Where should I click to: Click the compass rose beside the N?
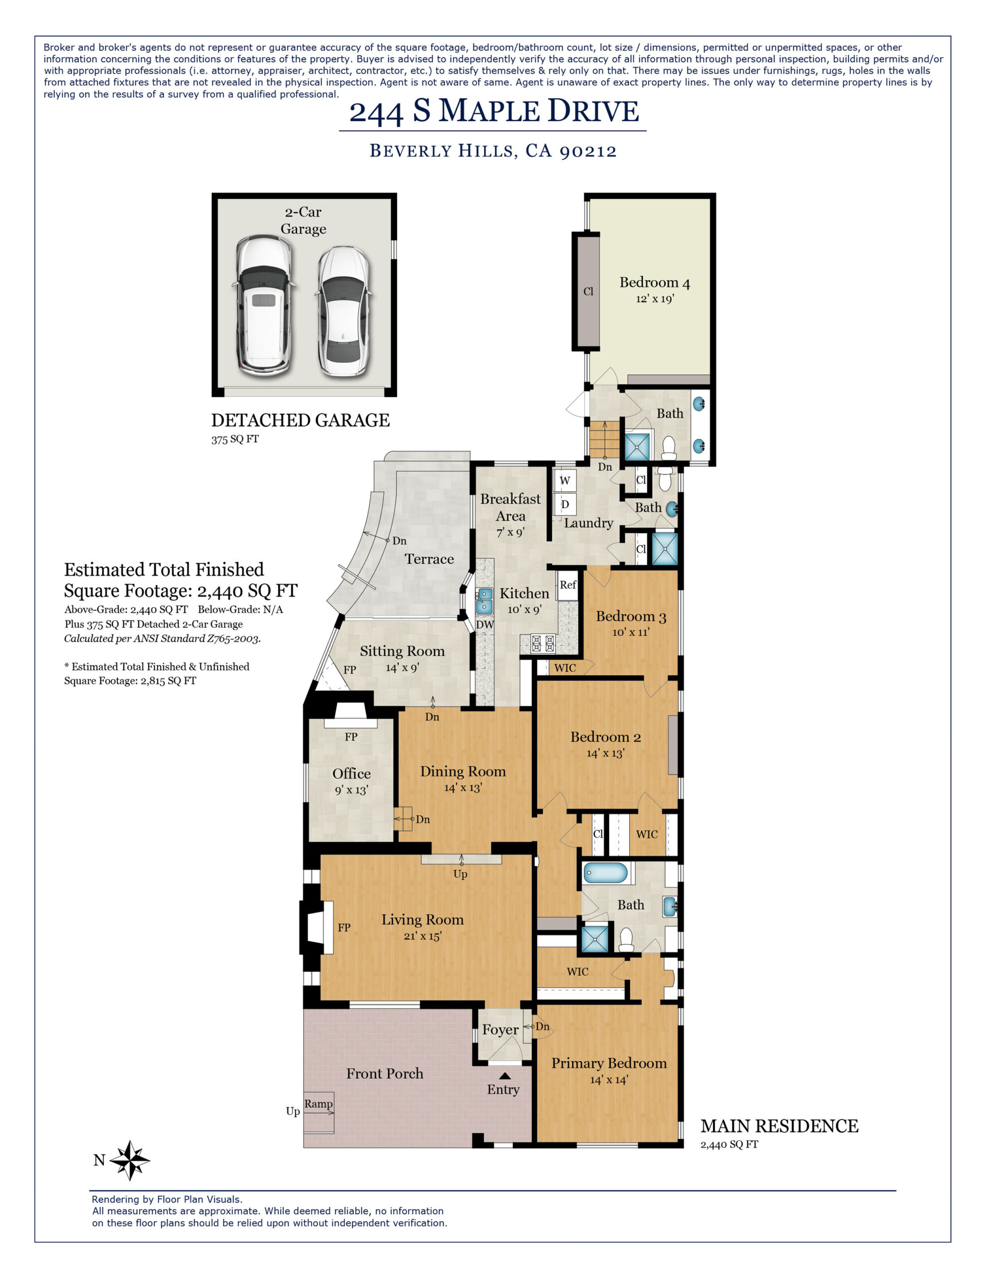(130, 1160)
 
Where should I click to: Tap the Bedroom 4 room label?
(654, 283)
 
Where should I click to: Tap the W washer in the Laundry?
(564, 481)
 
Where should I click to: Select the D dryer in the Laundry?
(564, 504)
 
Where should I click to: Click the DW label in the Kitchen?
(485, 625)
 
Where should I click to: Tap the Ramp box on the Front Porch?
(318, 1104)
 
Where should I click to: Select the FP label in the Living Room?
(344, 927)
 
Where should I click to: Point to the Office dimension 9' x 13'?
(351, 791)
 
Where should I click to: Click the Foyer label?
(499, 1030)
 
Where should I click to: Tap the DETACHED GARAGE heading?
(300, 421)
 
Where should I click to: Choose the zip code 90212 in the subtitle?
(588, 152)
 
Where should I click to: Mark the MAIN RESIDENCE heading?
(779, 1126)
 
